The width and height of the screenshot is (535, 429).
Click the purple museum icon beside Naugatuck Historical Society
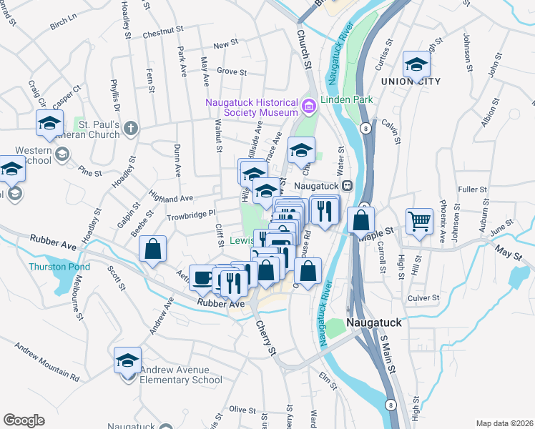coord(308,107)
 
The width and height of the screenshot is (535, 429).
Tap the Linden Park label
coord(347,100)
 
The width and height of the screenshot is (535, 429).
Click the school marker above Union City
coord(416,65)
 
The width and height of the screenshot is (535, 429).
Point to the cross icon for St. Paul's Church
coord(129,129)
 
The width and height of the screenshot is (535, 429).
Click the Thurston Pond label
coord(59,267)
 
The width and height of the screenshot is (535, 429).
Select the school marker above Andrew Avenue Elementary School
coord(127,360)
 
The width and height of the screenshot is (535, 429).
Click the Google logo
coord(24,420)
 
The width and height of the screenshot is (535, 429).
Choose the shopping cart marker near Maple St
coord(419,220)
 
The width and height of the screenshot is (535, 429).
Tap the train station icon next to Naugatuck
coord(347,185)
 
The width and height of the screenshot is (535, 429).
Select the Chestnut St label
coord(163,33)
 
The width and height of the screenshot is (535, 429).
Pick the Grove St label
coord(232,72)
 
